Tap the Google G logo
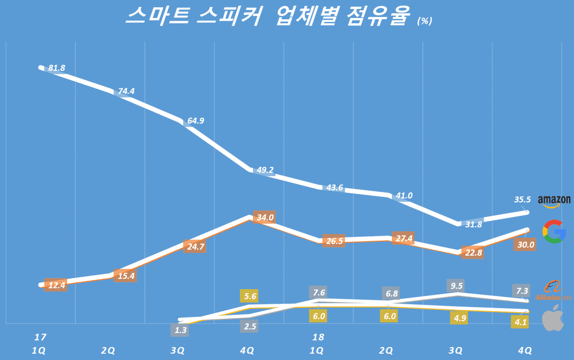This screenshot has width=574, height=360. click(554, 231)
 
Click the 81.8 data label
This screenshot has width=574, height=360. click(57, 68)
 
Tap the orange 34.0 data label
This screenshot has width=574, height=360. click(265, 218)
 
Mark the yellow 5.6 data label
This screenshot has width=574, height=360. click(251, 296)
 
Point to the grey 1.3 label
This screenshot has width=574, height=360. click(182, 330)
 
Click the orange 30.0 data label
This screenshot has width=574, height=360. click(525, 244)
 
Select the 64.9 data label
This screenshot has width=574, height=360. click(196, 121)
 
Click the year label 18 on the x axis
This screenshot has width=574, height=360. click(318, 337)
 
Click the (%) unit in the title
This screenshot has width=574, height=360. click(424, 21)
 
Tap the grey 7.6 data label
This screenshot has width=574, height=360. click(319, 292)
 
